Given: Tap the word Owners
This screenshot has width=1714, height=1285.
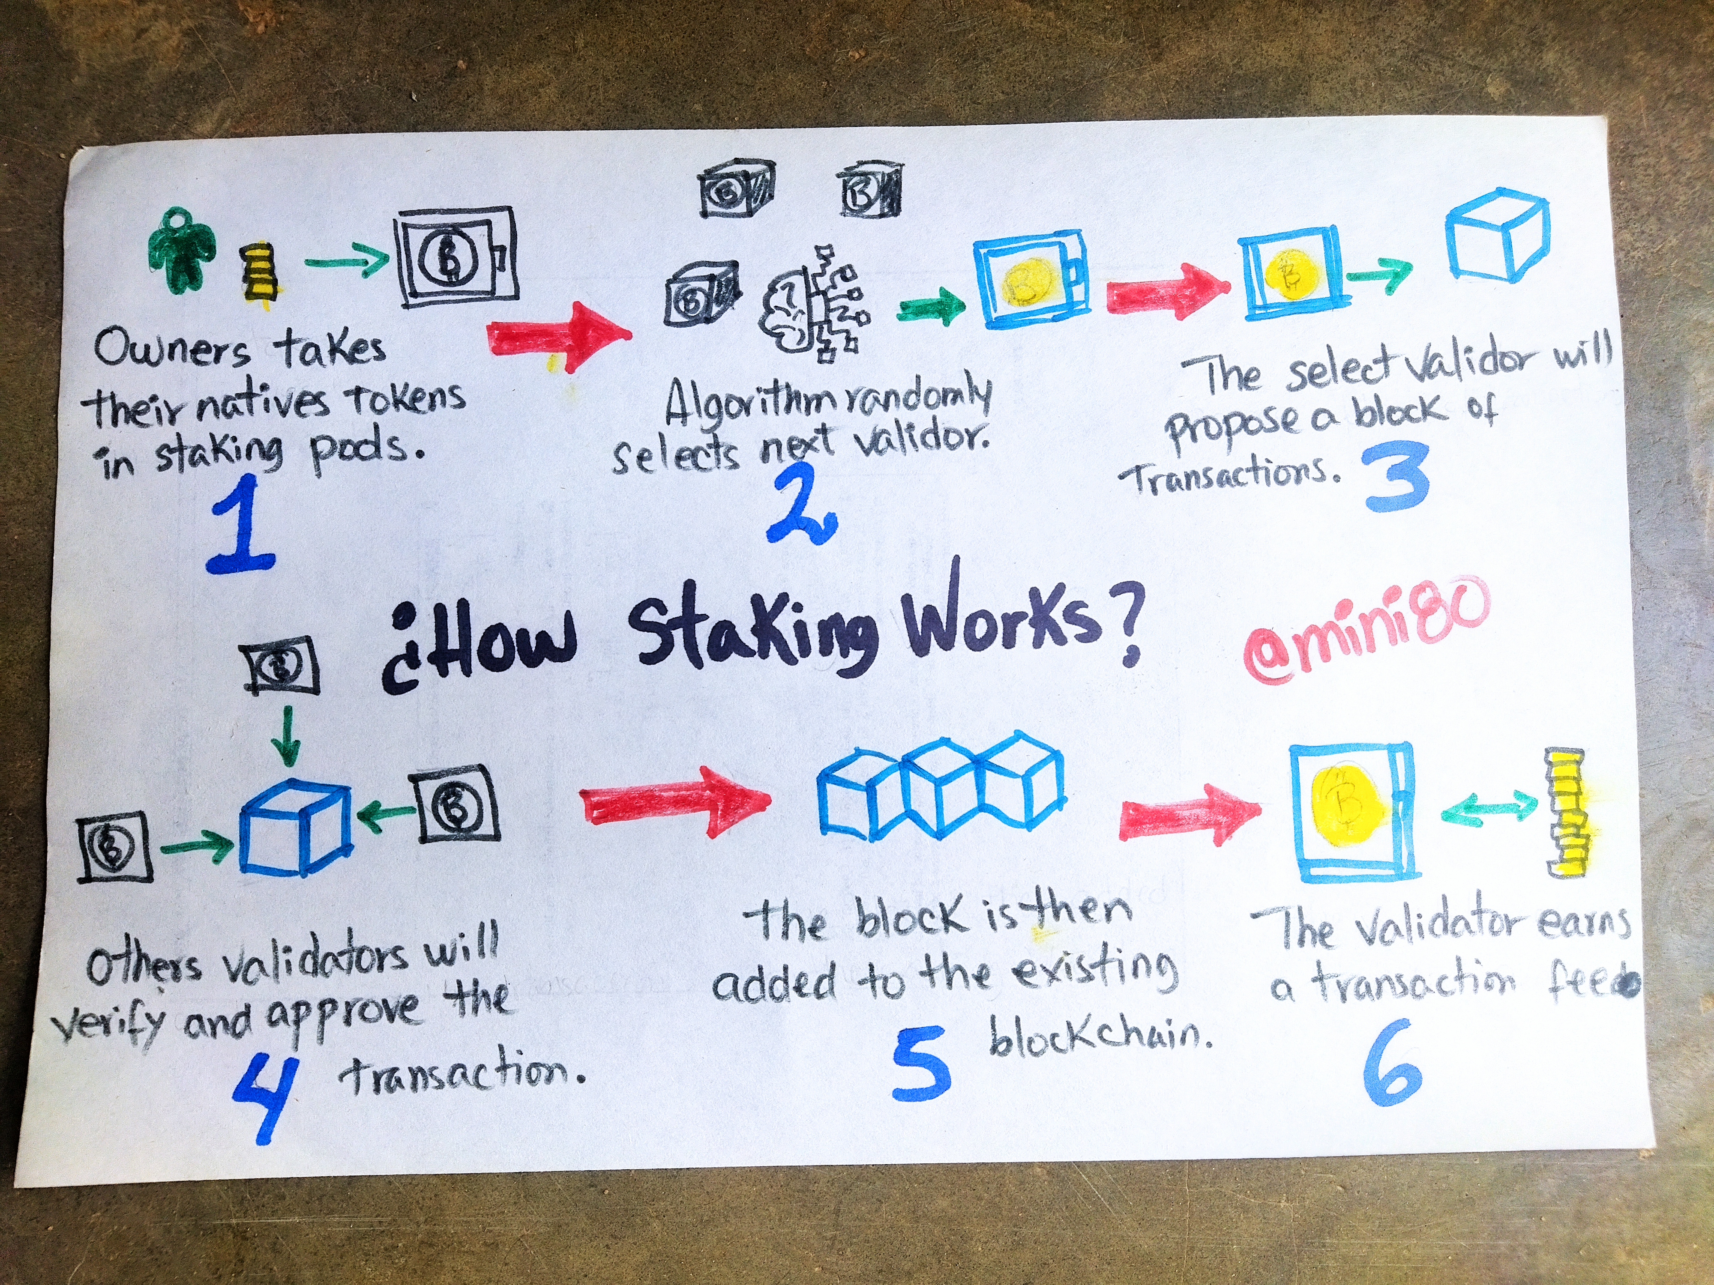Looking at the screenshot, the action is coord(172,350).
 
